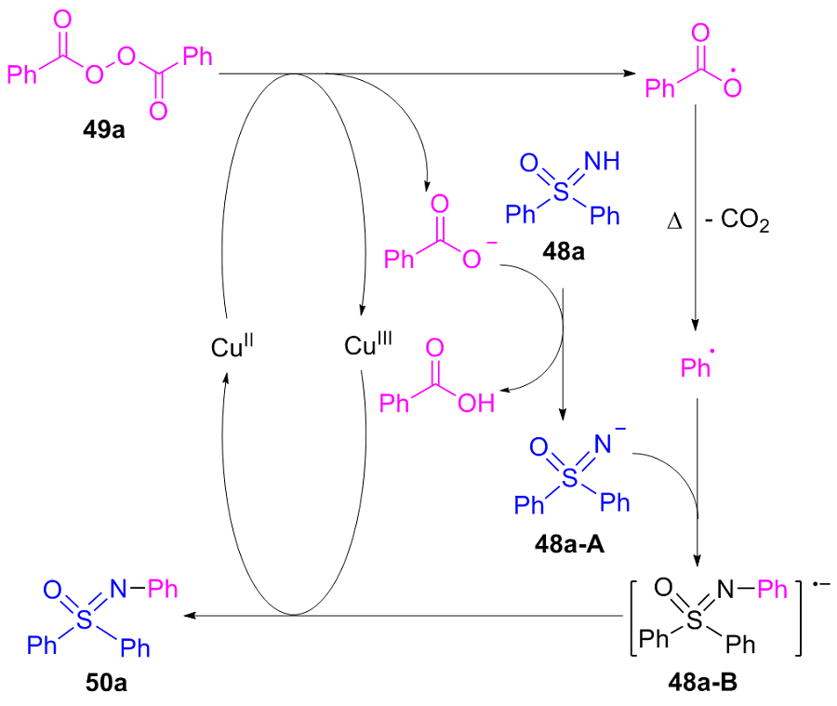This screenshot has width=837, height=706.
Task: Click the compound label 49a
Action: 103,130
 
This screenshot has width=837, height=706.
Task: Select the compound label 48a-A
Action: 569,544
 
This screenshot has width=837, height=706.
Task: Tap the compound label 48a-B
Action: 702,682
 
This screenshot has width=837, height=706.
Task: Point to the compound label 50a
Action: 106,683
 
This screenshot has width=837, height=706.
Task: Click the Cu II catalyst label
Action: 232,346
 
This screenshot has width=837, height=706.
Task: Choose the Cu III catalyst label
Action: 367,344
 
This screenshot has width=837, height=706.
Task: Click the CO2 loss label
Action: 737,220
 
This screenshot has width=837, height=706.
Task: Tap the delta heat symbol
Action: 674,221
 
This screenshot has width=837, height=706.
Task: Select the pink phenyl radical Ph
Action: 696,367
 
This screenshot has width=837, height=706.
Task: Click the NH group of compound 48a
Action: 602,161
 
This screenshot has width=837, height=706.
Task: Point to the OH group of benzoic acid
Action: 476,403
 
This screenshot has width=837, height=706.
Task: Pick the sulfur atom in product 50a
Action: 85,620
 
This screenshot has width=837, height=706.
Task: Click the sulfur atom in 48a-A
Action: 570,477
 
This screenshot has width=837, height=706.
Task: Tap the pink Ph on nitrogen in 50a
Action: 162,589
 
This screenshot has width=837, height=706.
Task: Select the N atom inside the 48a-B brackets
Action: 725,590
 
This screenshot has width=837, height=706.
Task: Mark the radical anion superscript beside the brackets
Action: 821,584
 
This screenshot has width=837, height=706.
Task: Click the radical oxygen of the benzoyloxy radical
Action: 733,87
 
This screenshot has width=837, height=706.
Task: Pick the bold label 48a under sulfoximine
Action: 564,251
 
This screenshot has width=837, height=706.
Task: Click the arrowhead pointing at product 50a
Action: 190,615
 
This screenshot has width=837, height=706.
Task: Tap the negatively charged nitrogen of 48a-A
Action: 604,445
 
